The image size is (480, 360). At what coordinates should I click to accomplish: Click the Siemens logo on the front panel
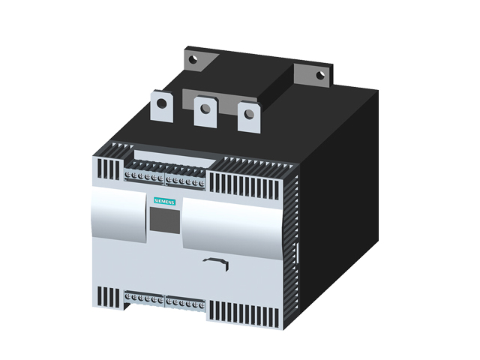[164, 201]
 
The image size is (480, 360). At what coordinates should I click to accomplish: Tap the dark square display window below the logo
[165, 220]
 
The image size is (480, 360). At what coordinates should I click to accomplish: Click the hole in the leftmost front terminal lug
[162, 103]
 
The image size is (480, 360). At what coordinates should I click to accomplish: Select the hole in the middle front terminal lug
[205, 108]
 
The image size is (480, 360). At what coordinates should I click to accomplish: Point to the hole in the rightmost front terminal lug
[249, 114]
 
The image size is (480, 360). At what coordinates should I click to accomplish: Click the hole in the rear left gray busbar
[193, 59]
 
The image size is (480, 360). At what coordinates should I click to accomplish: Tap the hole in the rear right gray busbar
[320, 75]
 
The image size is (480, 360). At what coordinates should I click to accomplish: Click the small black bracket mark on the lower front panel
[217, 263]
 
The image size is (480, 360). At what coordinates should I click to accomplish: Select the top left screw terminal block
[144, 177]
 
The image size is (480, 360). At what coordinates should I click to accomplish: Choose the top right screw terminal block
[185, 181]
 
